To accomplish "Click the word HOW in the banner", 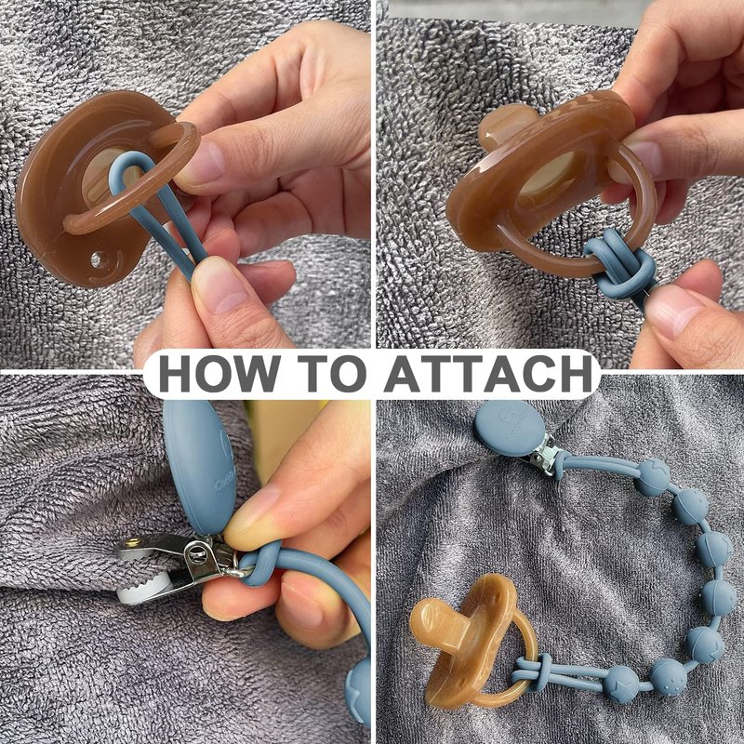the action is pyautogui.click(x=219, y=373).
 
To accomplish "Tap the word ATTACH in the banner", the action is pyautogui.click(x=489, y=373).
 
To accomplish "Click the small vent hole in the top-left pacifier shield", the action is pyautogui.click(x=97, y=259).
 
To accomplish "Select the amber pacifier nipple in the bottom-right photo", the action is pyautogui.click(x=438, y=620).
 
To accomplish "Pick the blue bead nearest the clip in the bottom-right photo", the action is pyautogui.click(x=652, y=476).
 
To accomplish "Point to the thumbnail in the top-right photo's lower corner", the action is pyautogui.click(x=672, y=309).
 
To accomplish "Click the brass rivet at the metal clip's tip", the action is pyautogui.click(x=133, y=543).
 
